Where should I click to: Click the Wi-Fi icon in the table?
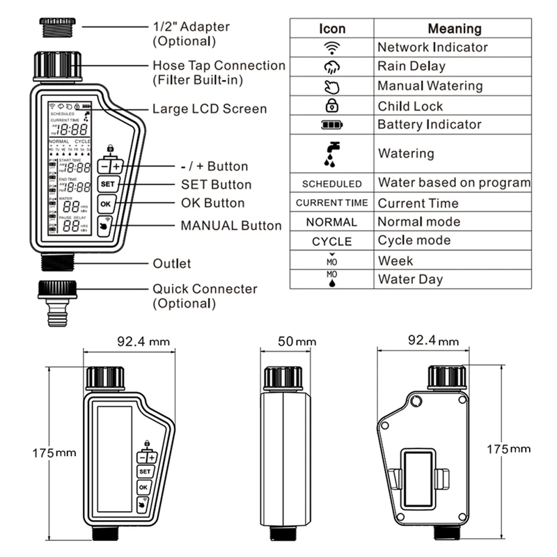pos(332,47)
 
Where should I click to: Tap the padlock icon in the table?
pos(332,106)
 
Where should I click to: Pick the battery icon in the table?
pos(332,125)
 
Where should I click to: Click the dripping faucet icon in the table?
pos(332,153)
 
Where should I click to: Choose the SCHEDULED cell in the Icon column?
pos(332,184)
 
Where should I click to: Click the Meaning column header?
pos(454,29)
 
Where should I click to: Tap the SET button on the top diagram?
pos(107,185)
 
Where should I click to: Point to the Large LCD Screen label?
pos(209,109)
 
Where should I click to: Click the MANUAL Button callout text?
pos(230,226)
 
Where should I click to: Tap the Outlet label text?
pos(171,264)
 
